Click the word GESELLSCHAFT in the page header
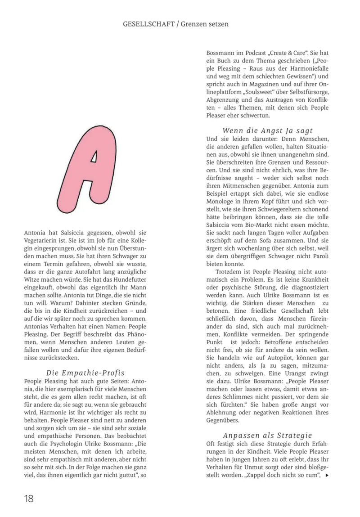[x=148, y=24]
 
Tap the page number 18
[x=29, y=498]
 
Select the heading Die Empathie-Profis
[x=85, y=373]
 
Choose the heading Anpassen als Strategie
[x=267, y=435]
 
